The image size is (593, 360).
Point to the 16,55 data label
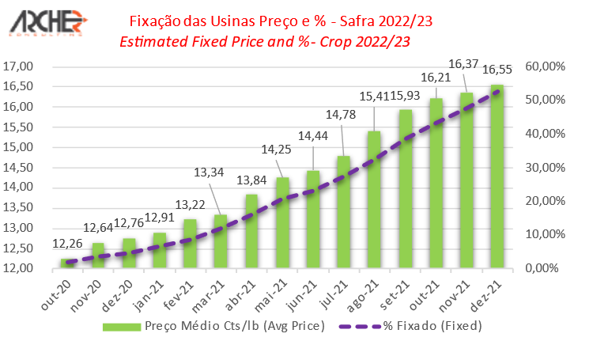click(497, 70)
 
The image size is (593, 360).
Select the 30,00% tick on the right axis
click(546, 168)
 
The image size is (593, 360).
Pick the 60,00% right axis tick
click(546, 66)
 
